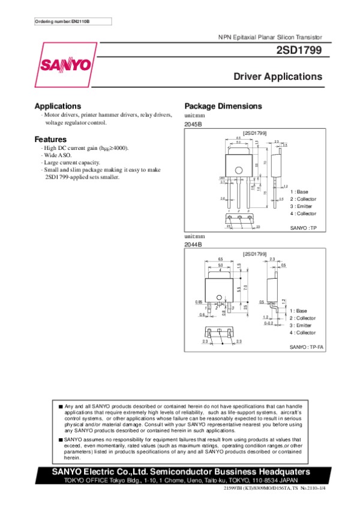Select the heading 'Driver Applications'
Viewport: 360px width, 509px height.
(277, 77)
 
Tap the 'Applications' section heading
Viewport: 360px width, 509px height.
(58, 106)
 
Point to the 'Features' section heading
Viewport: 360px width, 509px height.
(50, 139)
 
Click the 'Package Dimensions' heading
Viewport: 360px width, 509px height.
(223, 106)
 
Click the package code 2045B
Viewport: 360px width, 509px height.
(193, 123)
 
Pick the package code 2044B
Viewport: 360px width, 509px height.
(193, 245)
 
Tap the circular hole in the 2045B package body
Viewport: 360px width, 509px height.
(239, 169)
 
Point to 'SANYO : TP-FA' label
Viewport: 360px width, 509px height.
(307, 347)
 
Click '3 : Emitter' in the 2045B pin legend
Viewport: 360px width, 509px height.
(302, 206)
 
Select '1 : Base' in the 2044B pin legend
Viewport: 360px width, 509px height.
(298, 311)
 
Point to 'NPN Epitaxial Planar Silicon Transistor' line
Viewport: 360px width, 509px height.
(270, 38)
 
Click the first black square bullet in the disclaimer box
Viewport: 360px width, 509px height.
(61, 406)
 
